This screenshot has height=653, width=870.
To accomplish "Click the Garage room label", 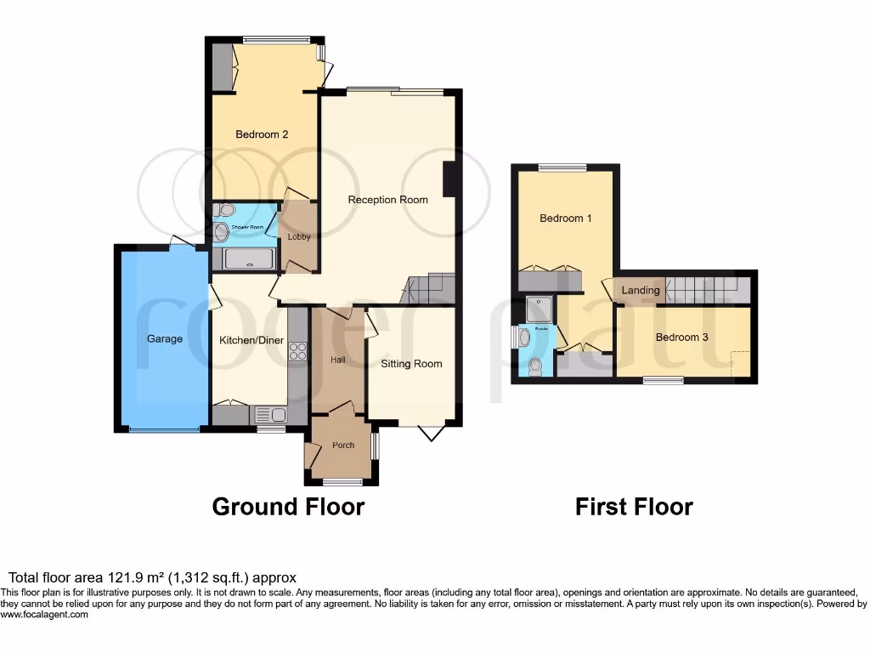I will point(164,338).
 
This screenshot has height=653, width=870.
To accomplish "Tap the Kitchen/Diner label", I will point(246,340).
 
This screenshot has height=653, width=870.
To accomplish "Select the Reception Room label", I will point(387,200).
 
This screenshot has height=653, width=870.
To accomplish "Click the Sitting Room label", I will point(411,364).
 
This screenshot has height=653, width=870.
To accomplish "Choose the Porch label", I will point(343,446).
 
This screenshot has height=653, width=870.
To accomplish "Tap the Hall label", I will point(337,361).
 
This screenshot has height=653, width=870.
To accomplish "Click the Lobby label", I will point(299,237).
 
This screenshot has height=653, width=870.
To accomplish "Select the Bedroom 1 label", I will point(566,219).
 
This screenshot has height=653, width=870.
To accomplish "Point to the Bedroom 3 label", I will point(681,337).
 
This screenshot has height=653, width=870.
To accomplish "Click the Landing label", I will point(640,290).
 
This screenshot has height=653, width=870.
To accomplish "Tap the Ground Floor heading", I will point(288,507).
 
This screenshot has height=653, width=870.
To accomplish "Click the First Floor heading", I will point(634,507).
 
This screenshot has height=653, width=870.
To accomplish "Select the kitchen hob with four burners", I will point(297,351).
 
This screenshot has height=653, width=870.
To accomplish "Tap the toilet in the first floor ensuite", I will point(535,366).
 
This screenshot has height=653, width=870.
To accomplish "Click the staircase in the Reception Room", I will point(429,288).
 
